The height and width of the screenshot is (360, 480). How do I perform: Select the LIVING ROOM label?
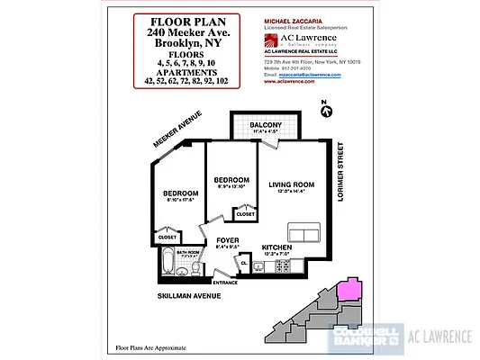(294, 184)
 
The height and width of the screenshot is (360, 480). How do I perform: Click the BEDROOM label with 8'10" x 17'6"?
(179, 193)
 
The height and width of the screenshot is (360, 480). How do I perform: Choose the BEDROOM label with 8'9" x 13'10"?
(231, 179)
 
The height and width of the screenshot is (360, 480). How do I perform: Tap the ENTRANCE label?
(224, 283)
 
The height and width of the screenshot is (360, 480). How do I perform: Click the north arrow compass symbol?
(327, 110)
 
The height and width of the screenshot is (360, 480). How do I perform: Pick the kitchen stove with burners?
(267, 264)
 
